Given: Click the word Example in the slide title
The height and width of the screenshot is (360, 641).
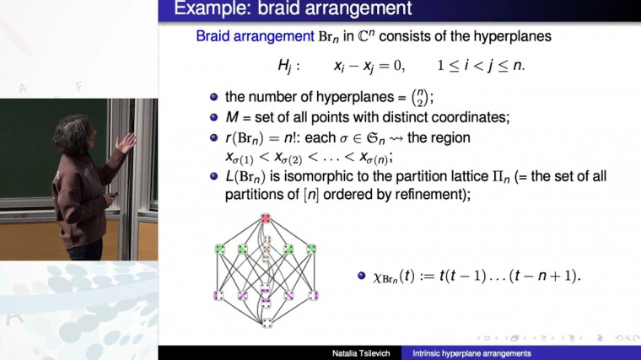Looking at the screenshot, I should [211, 10].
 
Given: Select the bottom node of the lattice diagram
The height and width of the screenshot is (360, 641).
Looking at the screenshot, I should [266, 322].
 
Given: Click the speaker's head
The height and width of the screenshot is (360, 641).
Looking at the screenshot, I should [69, 132].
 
